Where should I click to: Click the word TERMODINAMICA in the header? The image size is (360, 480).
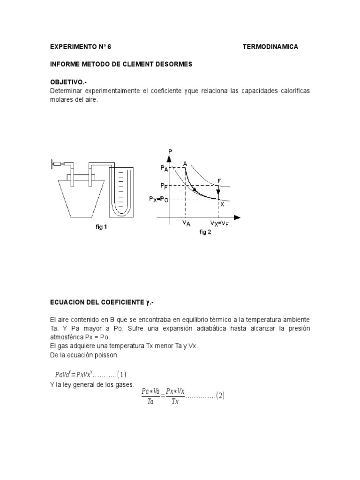click(270, 47)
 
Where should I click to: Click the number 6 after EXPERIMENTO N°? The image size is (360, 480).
click(109, 47)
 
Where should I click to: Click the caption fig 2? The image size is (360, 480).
click(205, 232)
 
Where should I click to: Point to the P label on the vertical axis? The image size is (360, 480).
click(170, 151)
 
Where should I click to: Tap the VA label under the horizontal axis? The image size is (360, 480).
click(187, 225)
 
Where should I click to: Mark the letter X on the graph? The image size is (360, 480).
click(222, 204)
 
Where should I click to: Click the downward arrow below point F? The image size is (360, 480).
click(218, 191)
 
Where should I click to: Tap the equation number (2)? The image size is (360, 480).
click(220, 396)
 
